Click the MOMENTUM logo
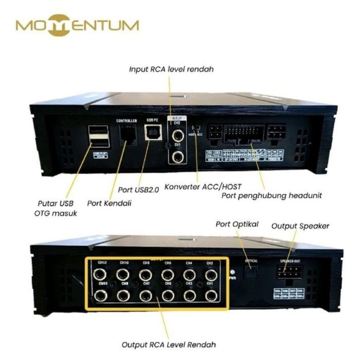point(77,25)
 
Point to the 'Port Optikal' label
point(237,224)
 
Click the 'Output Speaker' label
point(300,227)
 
